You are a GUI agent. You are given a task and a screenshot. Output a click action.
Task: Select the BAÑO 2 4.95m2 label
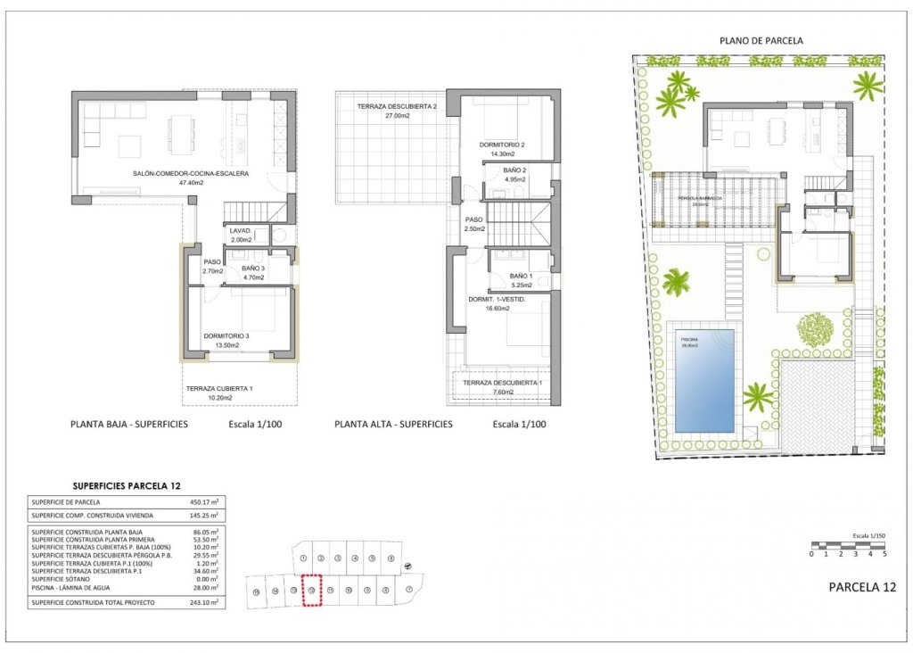514,175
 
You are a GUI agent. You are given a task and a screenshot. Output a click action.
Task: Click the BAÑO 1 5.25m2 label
521,281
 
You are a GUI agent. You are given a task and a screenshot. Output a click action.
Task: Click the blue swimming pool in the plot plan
704,379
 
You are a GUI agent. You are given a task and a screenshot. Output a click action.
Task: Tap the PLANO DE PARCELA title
761,41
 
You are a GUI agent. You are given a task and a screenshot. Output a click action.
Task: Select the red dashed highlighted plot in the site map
311,591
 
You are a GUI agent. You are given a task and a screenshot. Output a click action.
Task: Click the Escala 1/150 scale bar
849,544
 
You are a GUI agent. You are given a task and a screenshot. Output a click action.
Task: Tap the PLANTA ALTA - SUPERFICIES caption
393,425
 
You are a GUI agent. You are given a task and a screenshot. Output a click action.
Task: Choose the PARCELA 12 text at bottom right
861,587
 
